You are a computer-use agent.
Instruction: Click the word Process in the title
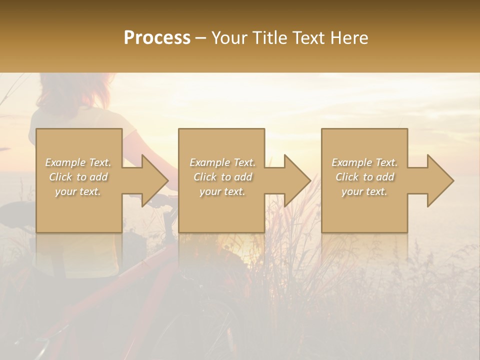pos(157,38)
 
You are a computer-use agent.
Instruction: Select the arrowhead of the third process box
pos(439,180)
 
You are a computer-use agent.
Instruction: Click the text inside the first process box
pos(78,177)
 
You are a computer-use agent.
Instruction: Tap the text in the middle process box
pos(222,177)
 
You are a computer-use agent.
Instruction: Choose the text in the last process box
pos(364,177)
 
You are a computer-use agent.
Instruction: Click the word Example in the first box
pos(65,162)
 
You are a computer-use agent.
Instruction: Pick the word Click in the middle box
pos(203,177)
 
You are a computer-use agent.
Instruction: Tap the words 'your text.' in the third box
pos(364,191)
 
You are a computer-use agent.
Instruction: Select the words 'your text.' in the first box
pos(78,191)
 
